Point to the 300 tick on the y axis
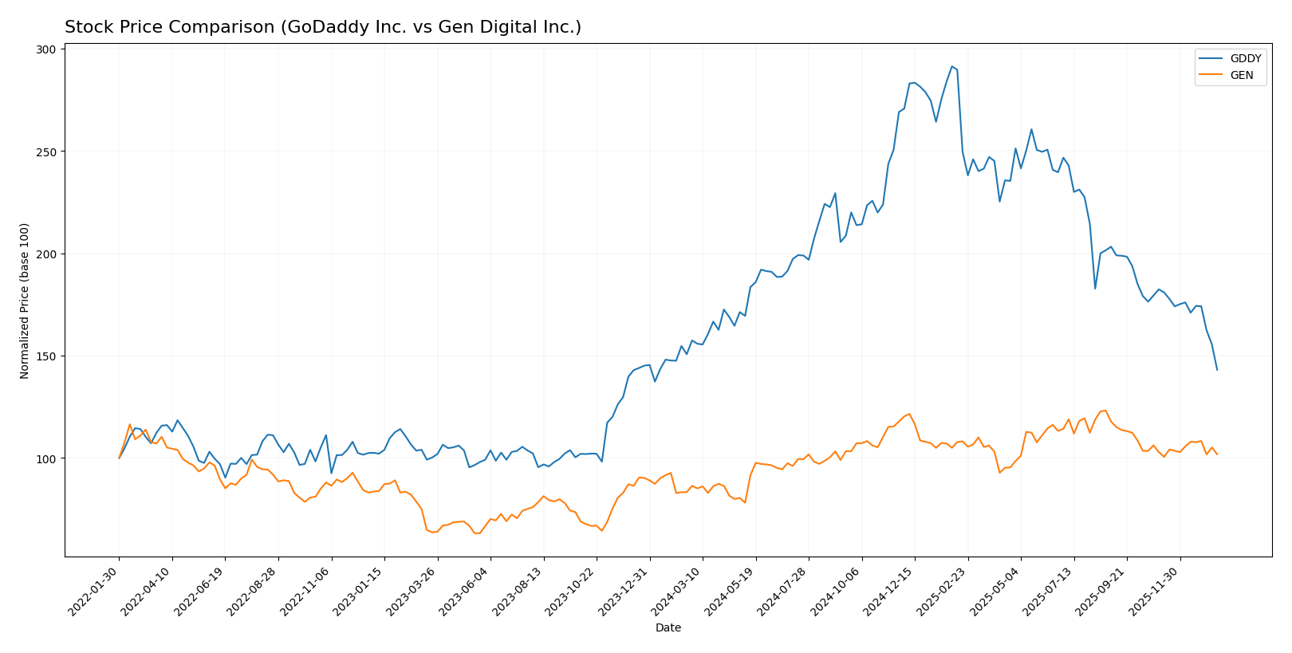click(46, 49)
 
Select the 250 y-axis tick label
click(46, 151)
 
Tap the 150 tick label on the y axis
click(46, 356)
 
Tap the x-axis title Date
click(668, 628)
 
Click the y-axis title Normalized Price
click(25, 301)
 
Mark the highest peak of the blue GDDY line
click(951, 67)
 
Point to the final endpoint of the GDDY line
click(1217, 369)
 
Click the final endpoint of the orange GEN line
click(1217, 454)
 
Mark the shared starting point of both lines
click(120, 458)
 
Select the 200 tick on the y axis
click(46, 254)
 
